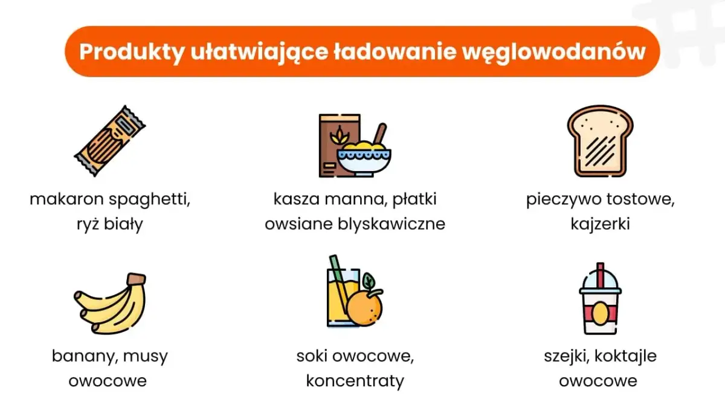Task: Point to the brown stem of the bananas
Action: (x=137, y=279)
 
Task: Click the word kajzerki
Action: (x=599, y=224)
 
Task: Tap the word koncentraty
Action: (x=355, y=382)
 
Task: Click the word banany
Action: (x=84, y=356)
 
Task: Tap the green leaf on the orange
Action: (x=369, y=281)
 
